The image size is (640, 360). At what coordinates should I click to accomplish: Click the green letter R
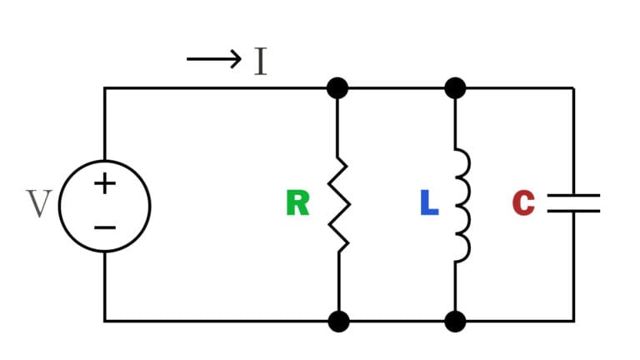coord(297,203)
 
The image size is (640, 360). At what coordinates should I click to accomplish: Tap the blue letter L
coord(429,203)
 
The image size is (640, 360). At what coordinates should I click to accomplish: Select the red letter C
coord(523,203)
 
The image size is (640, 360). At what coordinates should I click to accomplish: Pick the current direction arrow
coord(213,60)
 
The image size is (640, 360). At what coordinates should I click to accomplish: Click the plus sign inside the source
coord(104,182)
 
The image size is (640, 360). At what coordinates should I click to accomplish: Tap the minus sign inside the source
coord(104,226)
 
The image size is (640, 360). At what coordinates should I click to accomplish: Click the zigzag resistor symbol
coord(338,204)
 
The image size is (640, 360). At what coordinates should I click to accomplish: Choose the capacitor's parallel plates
coord(573,203)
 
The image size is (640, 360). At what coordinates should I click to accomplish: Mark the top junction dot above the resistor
coord(337,87)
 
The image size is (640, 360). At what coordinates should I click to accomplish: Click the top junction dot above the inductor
coord(455,87)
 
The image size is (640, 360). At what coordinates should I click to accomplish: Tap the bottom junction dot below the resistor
coord(338,321)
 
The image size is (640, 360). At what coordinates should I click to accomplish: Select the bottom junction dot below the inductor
coord(455,321)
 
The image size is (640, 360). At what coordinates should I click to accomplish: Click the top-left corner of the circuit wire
coord(104,87)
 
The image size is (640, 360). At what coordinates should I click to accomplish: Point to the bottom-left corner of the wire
coord(104,321)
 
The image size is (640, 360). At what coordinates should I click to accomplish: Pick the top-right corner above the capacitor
coord(573,87)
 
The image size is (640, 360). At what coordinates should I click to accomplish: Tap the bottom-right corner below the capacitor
coord(573,321)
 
